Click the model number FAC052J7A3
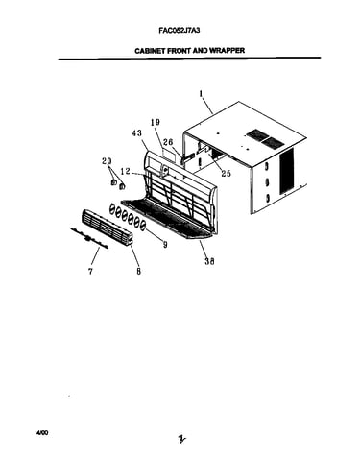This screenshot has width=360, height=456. tap(180, 31)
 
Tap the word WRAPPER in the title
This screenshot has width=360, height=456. tap(227, 51)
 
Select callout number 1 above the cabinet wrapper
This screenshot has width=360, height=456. tap(201, 94)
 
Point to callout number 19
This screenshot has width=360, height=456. tap(156, 122)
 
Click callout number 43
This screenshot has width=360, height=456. tap(136, 133)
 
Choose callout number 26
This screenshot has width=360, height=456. tap(168, 142)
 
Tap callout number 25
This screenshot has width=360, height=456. tap(226, 174)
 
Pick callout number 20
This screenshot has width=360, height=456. tap(107, 161)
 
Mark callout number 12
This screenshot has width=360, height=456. tap(126, 172)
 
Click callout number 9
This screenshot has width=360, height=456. tap(165, 245)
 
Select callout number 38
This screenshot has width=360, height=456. tap(209, 261)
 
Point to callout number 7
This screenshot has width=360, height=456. tap(91, 272)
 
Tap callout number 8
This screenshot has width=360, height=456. tap(138, 272)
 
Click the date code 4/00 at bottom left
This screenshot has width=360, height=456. tap(42, 433)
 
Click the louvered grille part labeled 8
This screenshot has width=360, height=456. tap(108, 228)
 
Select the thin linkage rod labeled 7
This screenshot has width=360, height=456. tap(89, 238)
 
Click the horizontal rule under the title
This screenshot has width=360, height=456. tap(189, 59)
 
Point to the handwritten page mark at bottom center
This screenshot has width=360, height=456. tap(182, 439)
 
